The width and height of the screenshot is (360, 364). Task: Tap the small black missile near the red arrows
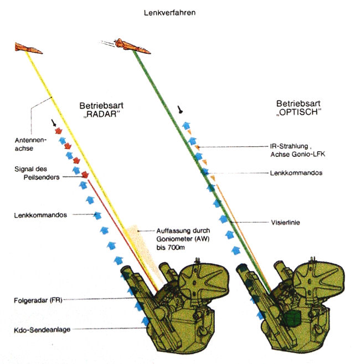click(53, 122)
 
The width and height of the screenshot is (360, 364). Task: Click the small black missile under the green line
click(181, 110)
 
